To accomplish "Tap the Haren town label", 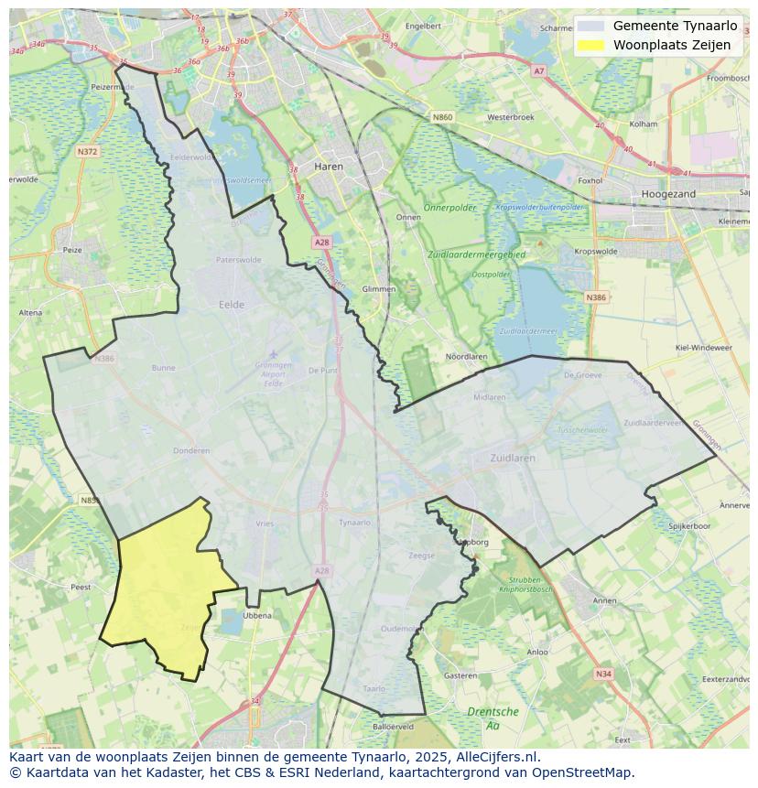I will (328, 167).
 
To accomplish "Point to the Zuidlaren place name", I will (511, 458).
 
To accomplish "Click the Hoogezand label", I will (668, 194).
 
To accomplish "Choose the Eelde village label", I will (232, 305).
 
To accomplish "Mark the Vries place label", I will (265, 524).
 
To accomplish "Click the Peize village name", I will (71, 249).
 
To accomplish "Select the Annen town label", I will (605, 600).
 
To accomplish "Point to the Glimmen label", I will (379, 288).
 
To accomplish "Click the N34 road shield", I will (602, 674).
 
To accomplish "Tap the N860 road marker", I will (443, 117).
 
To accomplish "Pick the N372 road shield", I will (88, 152).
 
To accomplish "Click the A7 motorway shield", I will (538, 70).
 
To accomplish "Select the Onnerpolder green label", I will (450, 208).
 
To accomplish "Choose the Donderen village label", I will (191, 450).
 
